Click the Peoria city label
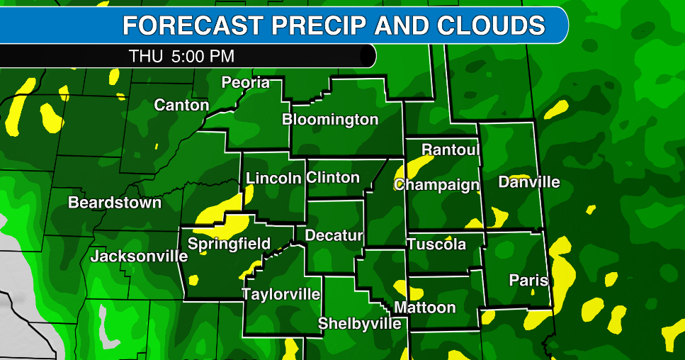pos(246,82)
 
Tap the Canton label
pos(181,106)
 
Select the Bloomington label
pos(330,119)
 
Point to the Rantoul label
pos(451,150)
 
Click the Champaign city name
pos(436,185)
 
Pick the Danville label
pos(529,182)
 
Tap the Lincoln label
pos(273,178)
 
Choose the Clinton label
pos(333,177)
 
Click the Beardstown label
pos(115,203)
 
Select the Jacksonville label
pos(139,256)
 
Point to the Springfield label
pos(229,244)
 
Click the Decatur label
pos(334,235)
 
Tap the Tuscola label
pos(436,244)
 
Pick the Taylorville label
pos(281,294)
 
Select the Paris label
pos(528,281)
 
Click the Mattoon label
pos(424,308)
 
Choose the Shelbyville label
pos(360,323)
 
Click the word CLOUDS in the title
pos(492,26)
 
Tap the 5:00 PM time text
pos(203,56)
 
